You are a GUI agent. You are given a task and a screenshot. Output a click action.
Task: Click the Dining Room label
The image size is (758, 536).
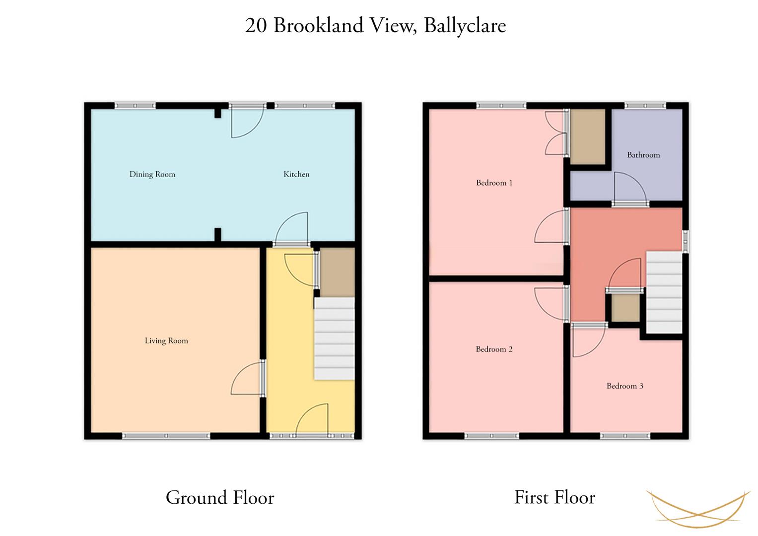coord(152,175)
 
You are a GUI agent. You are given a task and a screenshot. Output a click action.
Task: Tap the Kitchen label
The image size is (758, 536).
coord(296,174)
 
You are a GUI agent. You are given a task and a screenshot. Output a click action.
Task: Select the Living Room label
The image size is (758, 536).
coord(166,341)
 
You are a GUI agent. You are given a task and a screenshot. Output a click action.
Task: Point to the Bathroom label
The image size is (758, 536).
coord(643,155)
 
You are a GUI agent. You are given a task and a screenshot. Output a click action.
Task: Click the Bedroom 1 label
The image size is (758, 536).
coord(494,183)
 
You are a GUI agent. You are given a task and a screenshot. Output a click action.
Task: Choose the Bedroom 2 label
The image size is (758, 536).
coord(494,349)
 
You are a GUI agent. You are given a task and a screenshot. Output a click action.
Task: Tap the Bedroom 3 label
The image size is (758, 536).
coord(624,386)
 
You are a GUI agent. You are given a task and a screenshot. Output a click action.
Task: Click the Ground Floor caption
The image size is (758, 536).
coord(220,498)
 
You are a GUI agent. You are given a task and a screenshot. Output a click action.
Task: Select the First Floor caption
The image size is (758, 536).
coord(554,497)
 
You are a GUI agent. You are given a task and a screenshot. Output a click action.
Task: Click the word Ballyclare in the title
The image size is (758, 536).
coord(465,26)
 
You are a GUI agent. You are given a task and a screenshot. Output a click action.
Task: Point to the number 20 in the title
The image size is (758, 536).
coord(256,26)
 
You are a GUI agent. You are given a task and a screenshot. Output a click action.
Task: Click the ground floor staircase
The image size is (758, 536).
coord(335,338)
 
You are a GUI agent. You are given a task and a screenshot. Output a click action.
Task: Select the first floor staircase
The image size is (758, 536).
coord(664,292)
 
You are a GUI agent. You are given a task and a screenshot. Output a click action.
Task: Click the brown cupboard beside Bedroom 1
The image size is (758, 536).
coord(588,136)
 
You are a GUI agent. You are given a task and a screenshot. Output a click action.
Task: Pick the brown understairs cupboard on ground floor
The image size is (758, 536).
coord(338,272)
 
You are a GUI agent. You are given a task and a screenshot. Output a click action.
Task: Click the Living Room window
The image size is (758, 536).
coord(166,436)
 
